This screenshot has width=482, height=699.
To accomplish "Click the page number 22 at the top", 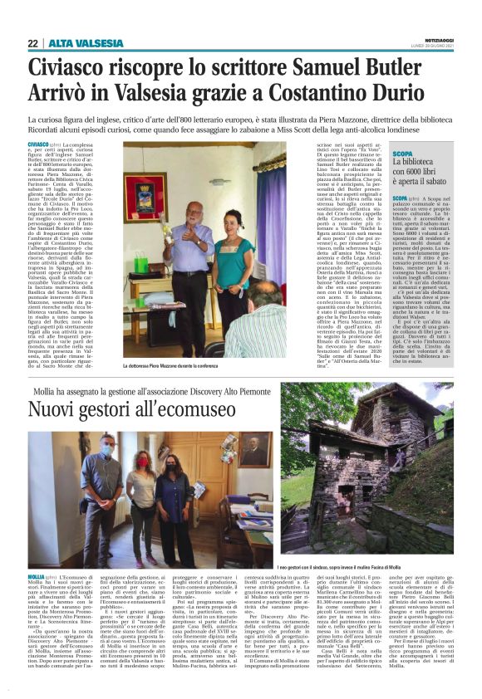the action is pos(32,43).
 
